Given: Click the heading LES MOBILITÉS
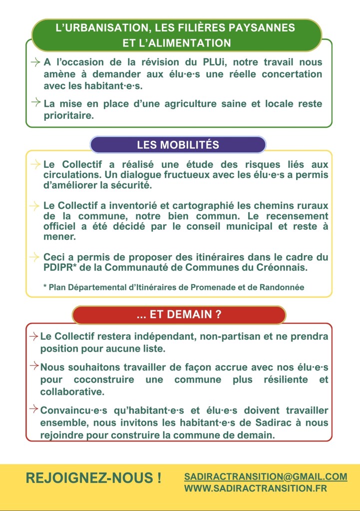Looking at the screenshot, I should (x=178, y=145).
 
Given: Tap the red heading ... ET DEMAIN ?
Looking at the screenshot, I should (x=179, y=315).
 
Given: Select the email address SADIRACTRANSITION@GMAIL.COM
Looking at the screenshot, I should (x=265, y=477).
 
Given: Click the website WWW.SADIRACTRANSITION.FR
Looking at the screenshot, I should (x=255, y=489).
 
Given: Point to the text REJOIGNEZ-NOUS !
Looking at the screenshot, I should (x=93, y=478).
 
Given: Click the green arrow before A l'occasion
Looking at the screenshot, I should (x=35, y=62).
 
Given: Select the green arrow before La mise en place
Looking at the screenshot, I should (x=35, y=103).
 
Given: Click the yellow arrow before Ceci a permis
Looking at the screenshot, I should (x=34, y=257).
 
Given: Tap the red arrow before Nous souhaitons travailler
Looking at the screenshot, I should (x=34, y=367).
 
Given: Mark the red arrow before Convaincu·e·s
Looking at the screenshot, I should (x=34, y=410).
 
